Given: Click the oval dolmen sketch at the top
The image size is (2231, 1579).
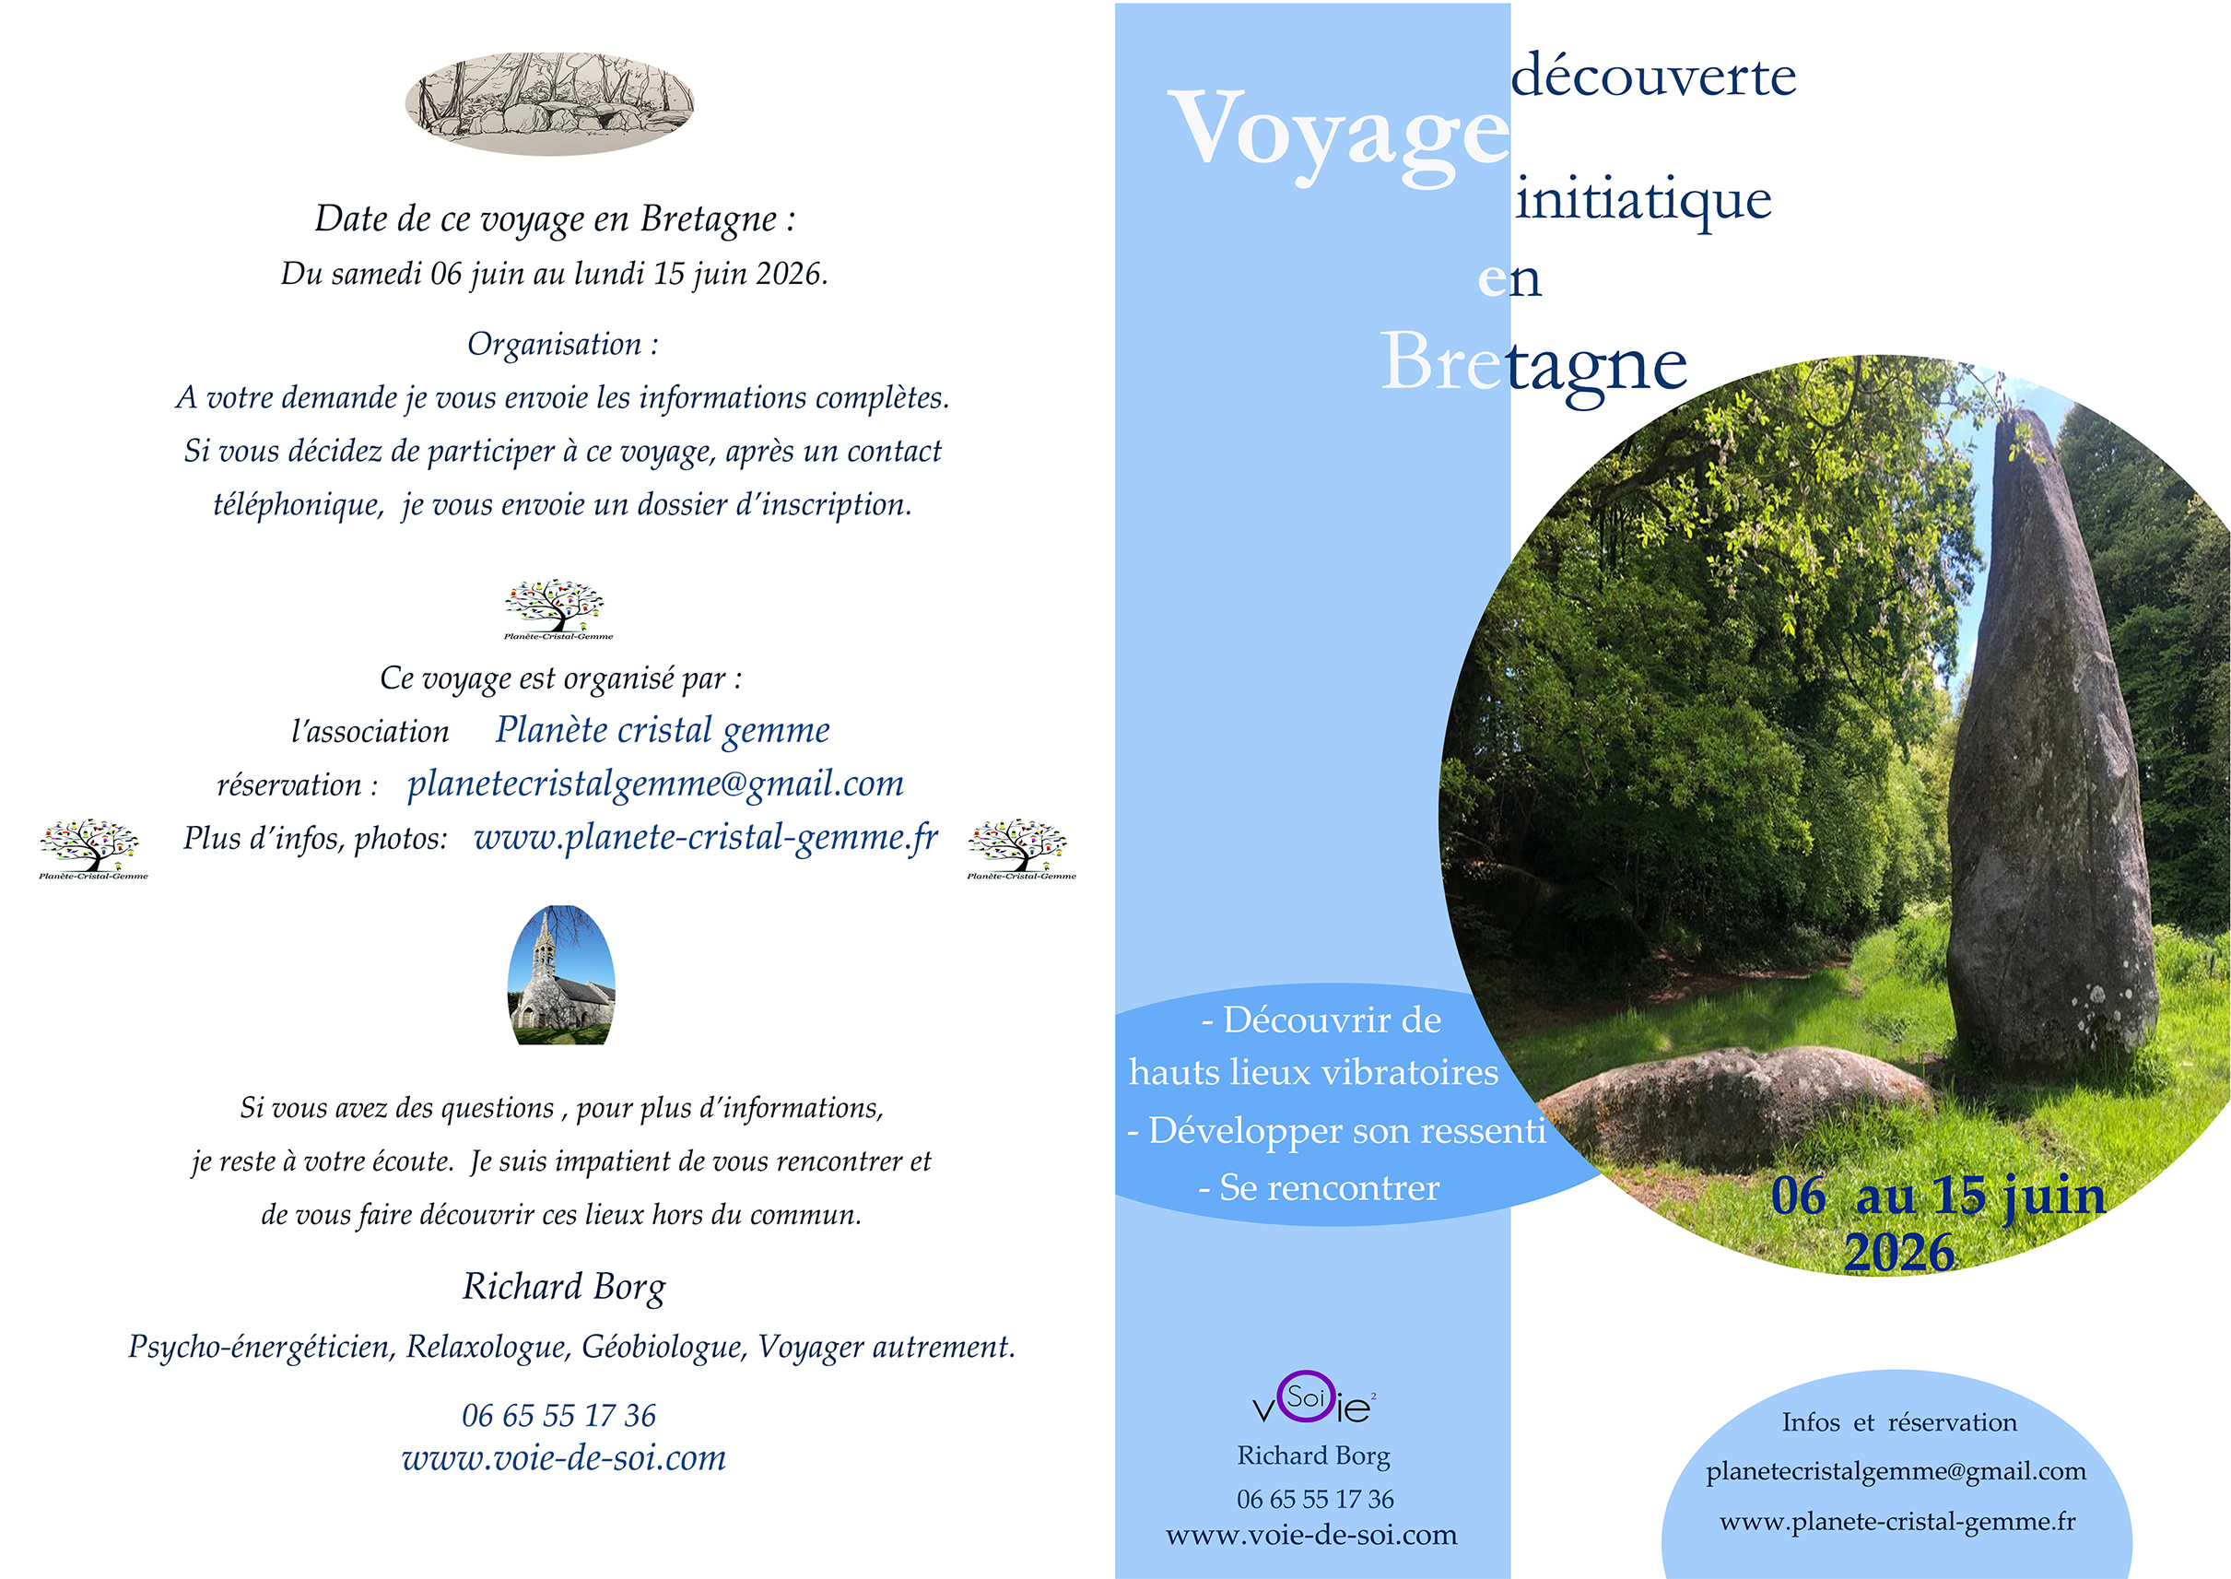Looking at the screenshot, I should click(x=549, y=104).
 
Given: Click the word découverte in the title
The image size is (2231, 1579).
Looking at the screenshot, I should click(x=1652, y=77).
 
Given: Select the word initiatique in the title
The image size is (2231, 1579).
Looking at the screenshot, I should click(x=1643, y=200).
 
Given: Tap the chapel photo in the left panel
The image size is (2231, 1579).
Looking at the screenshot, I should click(x=561, y=976).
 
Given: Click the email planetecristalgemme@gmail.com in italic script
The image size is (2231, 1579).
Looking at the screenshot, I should click(x=655, y=784).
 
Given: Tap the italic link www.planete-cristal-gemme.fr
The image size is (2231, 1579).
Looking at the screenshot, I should click(x=706, y=837).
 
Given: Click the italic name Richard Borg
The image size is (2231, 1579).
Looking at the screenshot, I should click(x=564, y=1287).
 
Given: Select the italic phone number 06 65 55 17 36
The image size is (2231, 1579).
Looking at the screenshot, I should click(x=559, y=1416).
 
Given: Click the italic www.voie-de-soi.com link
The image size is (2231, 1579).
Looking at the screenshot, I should click(x=564, y=1458).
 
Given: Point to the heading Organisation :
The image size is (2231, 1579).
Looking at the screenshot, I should click(x=563, y=344).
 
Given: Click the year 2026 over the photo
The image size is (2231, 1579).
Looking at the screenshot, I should click(x=1898, y=1254).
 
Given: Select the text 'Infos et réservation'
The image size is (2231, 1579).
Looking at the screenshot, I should click(x=1898, y=1422).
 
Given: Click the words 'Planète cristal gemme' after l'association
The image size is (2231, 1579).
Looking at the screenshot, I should click(x=662, y=730).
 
